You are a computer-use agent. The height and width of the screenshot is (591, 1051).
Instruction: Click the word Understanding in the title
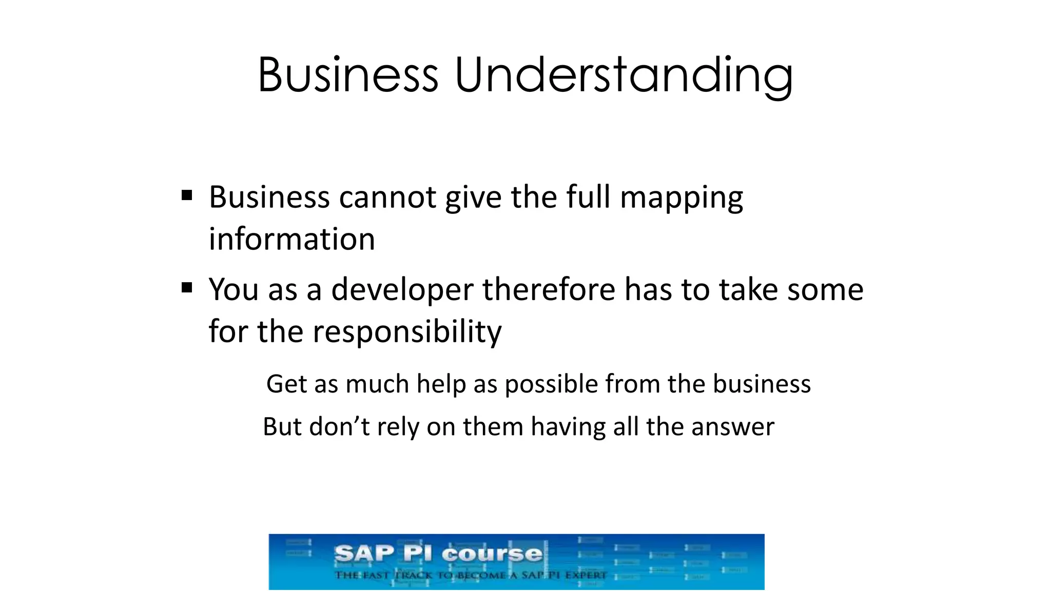[624, 75]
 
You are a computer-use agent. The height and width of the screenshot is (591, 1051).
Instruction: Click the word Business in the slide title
[348, 75]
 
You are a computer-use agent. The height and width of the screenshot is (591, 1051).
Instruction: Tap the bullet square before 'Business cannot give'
[187, 195]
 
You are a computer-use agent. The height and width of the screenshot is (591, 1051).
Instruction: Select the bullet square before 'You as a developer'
[187, 287]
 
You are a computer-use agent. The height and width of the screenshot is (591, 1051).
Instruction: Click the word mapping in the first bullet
[682, 198]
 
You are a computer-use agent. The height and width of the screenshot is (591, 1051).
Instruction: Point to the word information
[291, 239]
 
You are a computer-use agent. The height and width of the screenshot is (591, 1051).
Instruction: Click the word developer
[402, 290]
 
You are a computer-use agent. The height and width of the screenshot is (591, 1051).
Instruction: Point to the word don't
[339, 427]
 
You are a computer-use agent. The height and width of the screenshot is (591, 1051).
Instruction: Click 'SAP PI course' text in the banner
[438, 554]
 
